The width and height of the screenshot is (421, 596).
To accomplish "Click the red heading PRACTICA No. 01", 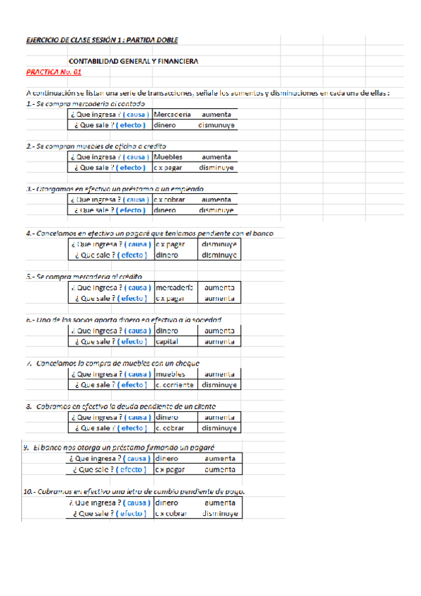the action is [53, 72].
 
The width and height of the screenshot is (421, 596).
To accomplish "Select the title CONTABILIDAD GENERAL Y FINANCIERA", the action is [133, 61].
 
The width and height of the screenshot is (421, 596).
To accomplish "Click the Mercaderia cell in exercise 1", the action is [171, 114].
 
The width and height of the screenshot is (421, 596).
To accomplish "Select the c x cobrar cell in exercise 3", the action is [171, 199].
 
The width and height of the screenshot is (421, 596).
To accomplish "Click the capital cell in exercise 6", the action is [167, 342].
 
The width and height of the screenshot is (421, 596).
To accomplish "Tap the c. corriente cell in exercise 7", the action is [174, 385].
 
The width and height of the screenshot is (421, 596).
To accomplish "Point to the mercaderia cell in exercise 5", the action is [174, 287].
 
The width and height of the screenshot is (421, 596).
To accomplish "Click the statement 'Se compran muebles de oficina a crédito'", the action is [96, 146].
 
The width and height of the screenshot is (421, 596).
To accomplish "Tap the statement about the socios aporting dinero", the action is [123, 319].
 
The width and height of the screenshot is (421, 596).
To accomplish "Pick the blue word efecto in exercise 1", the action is [132, 125].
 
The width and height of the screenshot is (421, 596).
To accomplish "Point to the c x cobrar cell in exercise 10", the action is [171, 514].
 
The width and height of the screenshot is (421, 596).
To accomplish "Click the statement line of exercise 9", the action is [119, 448].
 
